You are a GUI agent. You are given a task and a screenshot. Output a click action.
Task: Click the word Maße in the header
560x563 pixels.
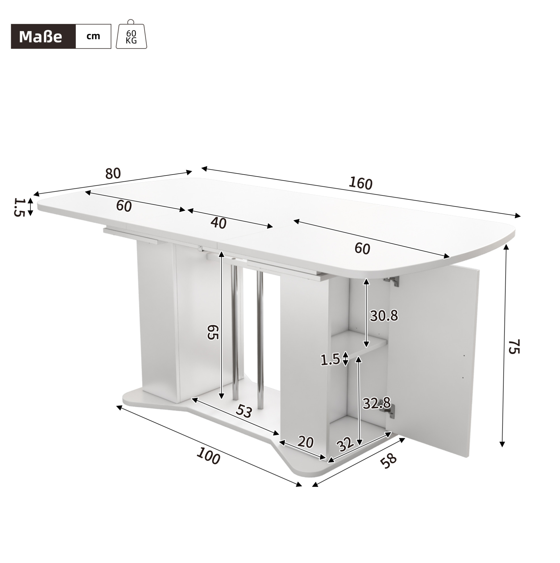click(x=40, y=37)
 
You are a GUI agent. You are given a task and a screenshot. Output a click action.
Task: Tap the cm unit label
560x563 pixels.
click(x=93, y=36)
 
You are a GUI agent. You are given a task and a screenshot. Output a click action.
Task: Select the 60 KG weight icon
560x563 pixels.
click(x=131, y=34)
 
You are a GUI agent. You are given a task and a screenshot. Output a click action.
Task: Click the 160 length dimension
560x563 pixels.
click(x=361, y=183)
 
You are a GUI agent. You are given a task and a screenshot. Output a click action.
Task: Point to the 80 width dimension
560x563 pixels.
click(x=113, y=174)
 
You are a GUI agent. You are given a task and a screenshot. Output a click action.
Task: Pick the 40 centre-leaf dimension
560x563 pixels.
click(x=218, y=223)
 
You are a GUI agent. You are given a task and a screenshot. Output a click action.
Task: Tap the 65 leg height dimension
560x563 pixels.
click(x=213, y=332)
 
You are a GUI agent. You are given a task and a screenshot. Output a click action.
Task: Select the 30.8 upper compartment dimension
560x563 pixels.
click(x=384, y=316)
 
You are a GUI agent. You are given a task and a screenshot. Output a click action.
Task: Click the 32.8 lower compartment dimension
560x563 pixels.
click(x=376, y=403)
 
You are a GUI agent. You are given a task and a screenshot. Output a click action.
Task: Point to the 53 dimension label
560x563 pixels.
click(x=244, y=411)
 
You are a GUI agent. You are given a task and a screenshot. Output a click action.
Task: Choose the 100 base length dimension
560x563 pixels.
click(x=208, y=456)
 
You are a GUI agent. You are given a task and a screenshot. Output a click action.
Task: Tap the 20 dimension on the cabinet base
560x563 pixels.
click(x=305, y=442)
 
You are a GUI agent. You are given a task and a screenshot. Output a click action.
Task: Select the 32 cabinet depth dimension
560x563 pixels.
click(x=345, y=445)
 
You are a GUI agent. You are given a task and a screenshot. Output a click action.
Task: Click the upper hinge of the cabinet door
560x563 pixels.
click(x=391, y=280)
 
